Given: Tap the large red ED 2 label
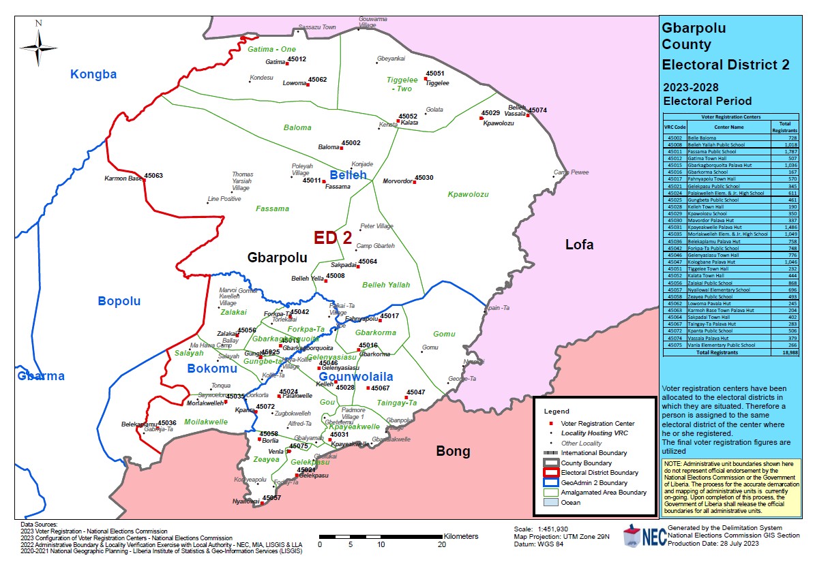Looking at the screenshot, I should [333, 238].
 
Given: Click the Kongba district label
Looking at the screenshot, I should [94, 75].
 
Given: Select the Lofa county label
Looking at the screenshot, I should [579, 245].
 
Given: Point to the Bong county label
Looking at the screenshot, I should [453, 451].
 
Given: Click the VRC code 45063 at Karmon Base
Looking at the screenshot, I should [153, 176].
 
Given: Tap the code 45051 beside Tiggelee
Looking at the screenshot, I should [435, 74].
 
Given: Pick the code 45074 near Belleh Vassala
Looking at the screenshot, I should [537, 110].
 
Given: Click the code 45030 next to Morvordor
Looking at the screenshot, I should [424, 177].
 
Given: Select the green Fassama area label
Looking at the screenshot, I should [272, 208].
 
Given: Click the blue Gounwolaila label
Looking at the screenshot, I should [356, 377].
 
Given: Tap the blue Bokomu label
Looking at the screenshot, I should [212, 369].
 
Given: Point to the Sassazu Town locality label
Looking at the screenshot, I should [316, 27].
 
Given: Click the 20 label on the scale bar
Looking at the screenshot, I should [443, 545].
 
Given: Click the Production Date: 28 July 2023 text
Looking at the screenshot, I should [713, 543].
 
